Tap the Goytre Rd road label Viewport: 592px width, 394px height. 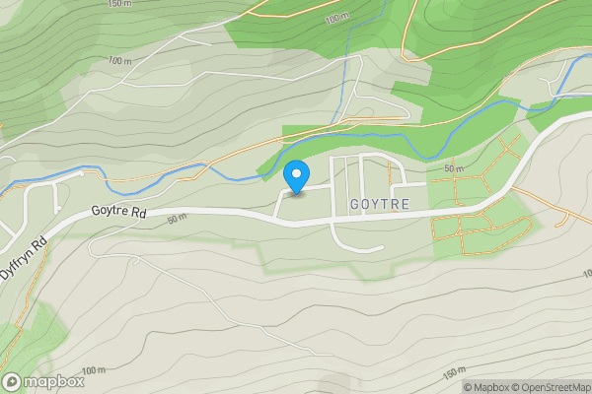click(118, 212)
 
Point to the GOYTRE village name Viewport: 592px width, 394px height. click(379, 203)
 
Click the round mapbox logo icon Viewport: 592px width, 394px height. click(13, 381)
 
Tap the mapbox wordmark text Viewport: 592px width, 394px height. click(54, 381)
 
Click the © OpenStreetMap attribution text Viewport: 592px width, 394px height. click(553, 387)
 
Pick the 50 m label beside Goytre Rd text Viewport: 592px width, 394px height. click(176, 218)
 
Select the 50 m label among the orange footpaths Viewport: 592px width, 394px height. click(454, 169)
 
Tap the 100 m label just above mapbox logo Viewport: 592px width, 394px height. click(94, 370)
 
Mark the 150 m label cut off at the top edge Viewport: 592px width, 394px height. click(118, 4)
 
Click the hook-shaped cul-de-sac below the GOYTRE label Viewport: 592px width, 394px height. click(355, 246)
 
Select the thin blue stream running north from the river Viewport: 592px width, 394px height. click(344, 89)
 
